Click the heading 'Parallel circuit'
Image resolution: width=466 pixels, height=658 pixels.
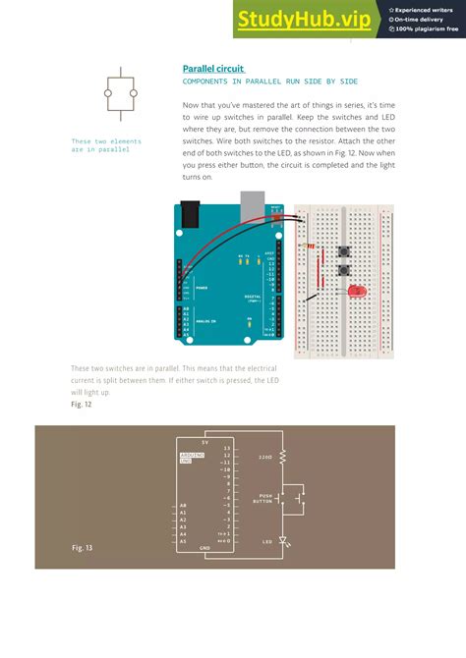(x=212, y=69)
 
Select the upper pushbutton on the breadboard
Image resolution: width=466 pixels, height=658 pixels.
(x=344, y=252)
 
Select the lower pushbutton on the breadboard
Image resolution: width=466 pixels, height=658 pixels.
(x=344, y=270)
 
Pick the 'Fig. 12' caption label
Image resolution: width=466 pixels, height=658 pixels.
(x=82, y=404)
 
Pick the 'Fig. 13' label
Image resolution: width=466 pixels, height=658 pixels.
(x=83, y=546)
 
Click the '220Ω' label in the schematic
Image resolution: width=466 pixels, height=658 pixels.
(x=264, y=457)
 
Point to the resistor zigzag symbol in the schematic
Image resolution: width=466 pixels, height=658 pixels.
(x=283, y=457)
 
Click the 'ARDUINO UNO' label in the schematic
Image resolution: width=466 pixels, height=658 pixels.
(x=192, y=459)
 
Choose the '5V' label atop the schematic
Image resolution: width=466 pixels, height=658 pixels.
(x=204, y=441)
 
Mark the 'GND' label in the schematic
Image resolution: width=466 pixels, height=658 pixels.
(x=205, y=547)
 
